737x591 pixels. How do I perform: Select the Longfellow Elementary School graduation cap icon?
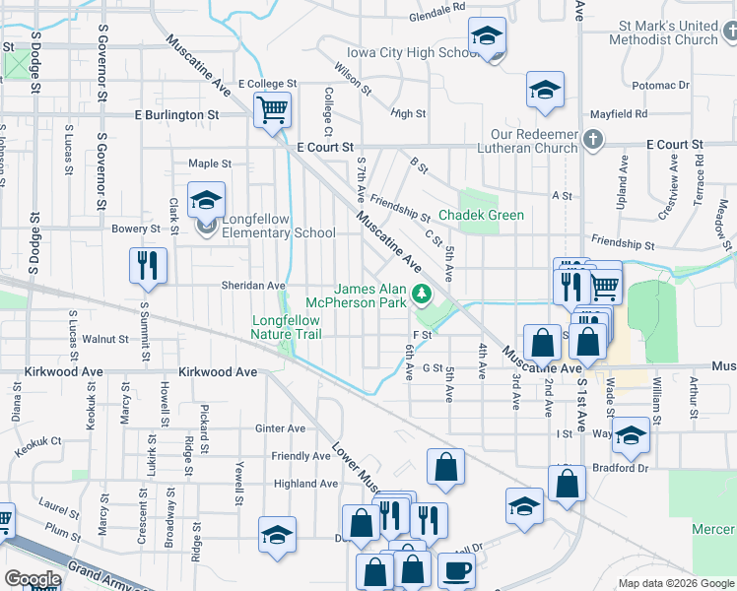(x=206, y=201)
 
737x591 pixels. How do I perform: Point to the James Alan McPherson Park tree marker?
(x=422, y=292)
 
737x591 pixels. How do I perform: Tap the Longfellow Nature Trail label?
(x=286, y=327)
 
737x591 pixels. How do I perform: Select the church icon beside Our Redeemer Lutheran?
(x=592, y=139)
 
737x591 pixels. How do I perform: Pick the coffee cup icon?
(x=455, y=569)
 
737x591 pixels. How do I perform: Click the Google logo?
(x=32, y=579)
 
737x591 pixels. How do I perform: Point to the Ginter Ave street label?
(x=281, y=428)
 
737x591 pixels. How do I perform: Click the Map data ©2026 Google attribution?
(x=675, y=583)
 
